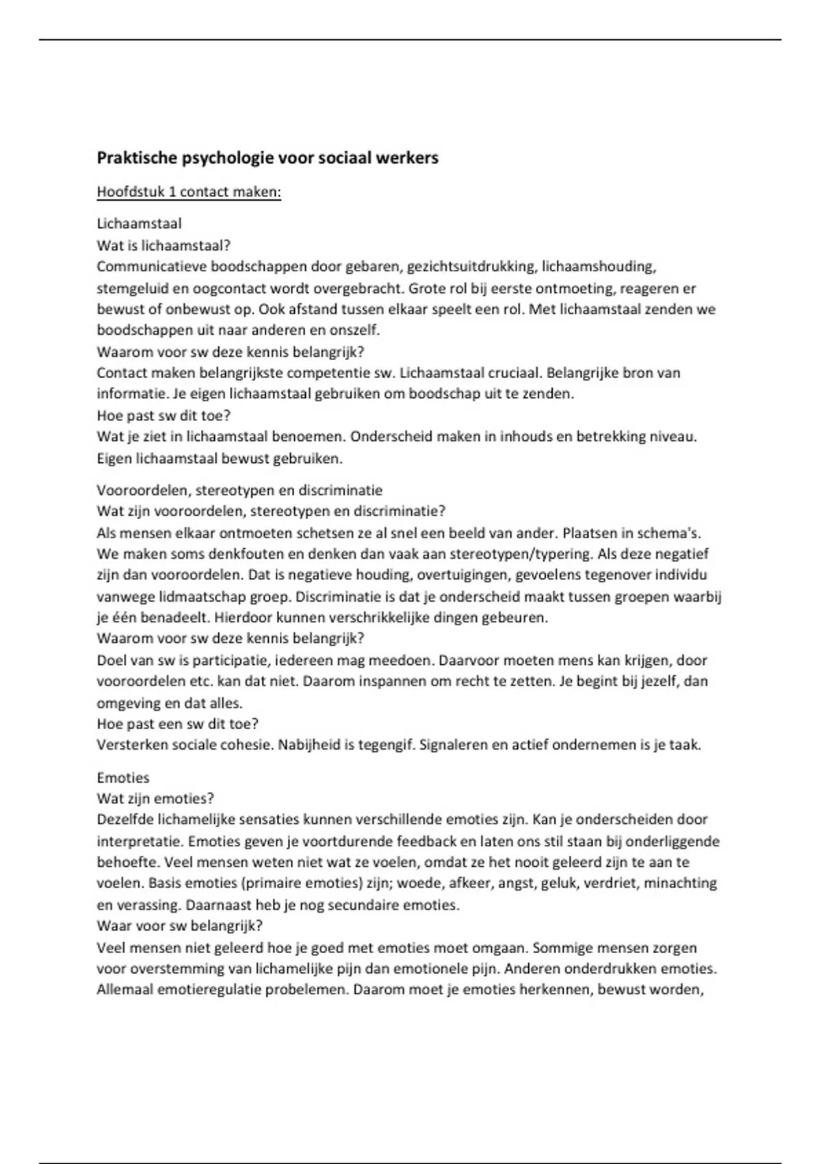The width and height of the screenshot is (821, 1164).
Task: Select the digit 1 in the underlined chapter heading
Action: (x=172, y=192)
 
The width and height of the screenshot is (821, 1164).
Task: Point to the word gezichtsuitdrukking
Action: (x=469, y=266)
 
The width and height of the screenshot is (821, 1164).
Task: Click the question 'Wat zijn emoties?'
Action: (x=155, y=798)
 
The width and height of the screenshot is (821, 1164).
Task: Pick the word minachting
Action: (x=681, y=883)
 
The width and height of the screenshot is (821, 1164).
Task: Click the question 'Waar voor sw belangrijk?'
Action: (x=180, y=926)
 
